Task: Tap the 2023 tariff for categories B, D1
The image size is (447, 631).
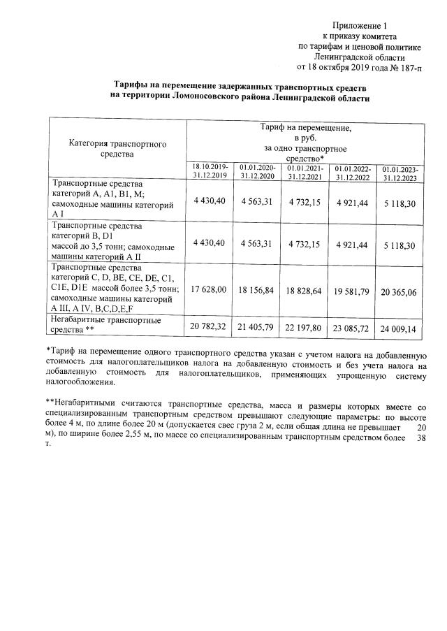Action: coord(400,246)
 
